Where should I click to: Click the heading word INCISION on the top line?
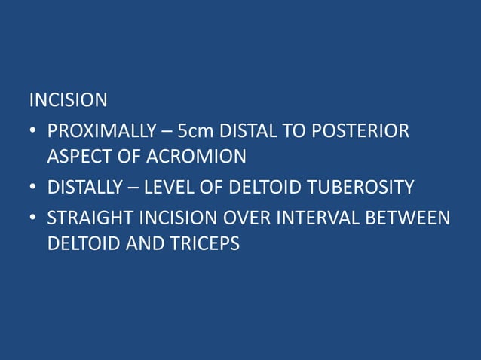pos(68,99)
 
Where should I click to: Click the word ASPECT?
pos(76,157)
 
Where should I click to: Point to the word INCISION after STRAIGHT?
pos(174,218)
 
